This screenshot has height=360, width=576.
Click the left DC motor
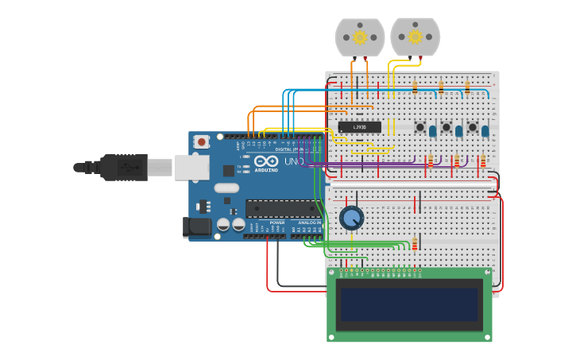[x=360, y=37]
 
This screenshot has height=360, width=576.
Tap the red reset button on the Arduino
[x=202, y=142]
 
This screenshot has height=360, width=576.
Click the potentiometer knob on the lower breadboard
[x=351, y=218]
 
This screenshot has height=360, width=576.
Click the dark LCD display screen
[x=409, y=305]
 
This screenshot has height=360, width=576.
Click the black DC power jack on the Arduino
[x=197, y=227]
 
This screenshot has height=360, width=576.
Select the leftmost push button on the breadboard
[x=420, y=127]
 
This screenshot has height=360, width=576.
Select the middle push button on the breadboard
[x=446, y=127]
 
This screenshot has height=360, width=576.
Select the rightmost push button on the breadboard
[x=473, y=127]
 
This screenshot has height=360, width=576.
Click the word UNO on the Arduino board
[x=294, y=161]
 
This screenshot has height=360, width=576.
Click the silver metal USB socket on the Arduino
[x=191, y=167]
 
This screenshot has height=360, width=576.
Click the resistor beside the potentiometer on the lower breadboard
[x=414, y=244]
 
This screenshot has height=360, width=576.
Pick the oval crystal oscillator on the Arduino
[x=226, y=188]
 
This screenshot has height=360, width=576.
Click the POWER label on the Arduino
[x=276, y=223]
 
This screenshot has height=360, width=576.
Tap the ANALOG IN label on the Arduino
[x=309, y=223]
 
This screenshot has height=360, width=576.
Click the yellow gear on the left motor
[x=360, y=37]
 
